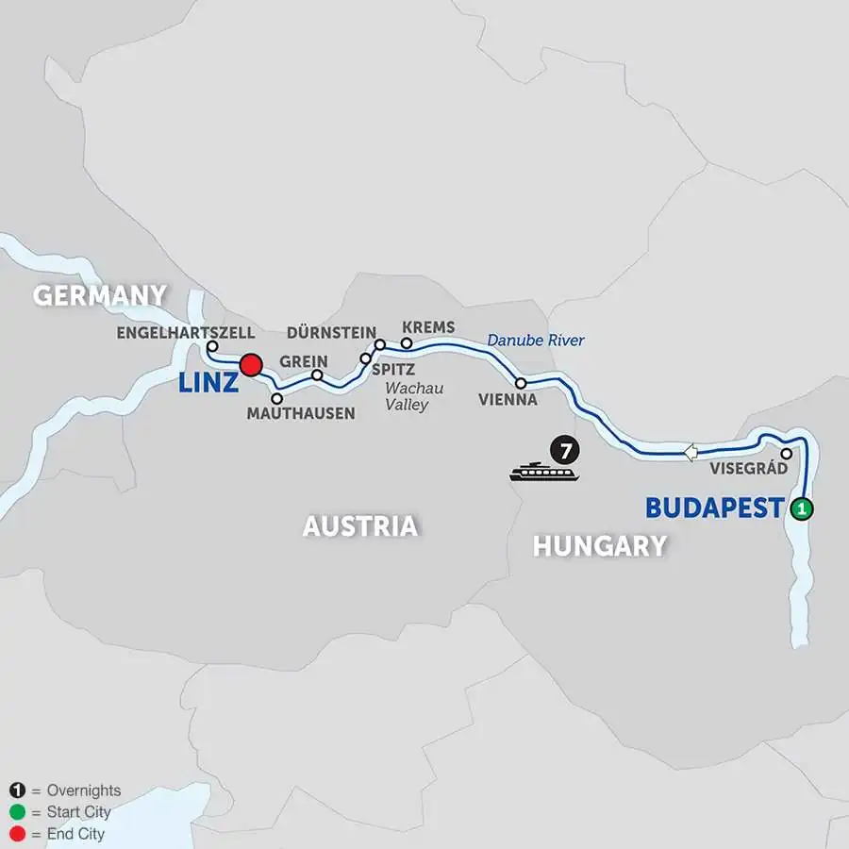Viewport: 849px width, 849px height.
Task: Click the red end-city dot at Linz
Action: pos(251,365)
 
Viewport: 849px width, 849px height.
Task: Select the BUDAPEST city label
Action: pos(714,508)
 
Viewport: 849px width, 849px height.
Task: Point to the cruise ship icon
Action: pos(543,471)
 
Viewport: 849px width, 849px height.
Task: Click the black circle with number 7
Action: pos(565,451)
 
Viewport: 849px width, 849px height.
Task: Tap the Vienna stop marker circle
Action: pos(521,383)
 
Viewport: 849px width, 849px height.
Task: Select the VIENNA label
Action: pos(507,400)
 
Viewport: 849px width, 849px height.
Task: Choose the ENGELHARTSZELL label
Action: pos(185,333)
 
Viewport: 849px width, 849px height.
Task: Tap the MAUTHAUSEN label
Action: pos(300,413)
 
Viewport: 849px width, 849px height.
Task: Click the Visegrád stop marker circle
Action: pos(786,453)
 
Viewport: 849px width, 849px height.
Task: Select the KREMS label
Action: pos(428,327)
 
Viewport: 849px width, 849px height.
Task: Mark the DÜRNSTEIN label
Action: pos(331,333)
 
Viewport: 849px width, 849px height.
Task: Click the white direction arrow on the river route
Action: pos(691,453)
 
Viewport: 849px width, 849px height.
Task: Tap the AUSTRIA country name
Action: pos(359,526)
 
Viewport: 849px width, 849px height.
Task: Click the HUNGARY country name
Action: pos(599,545)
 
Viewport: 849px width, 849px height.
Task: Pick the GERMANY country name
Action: pos(99,295)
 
